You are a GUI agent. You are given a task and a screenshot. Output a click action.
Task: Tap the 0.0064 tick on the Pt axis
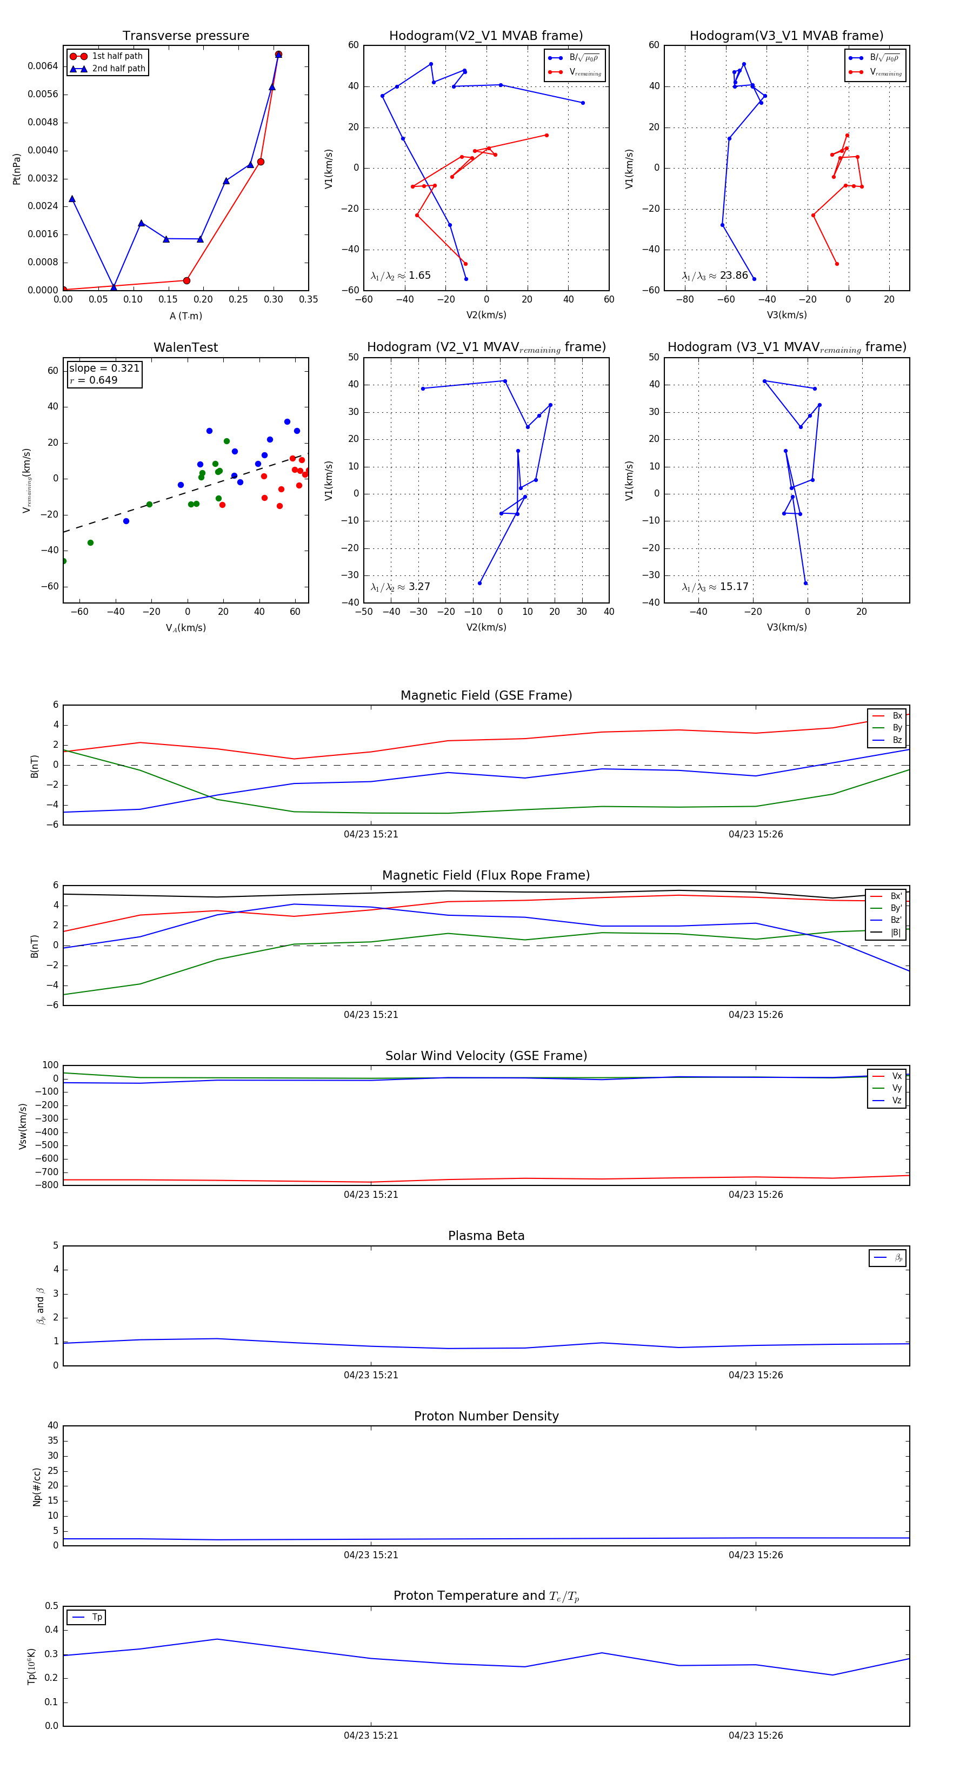tap(43, 66)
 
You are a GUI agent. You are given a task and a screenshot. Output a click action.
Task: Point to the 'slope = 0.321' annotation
tap(104, 368)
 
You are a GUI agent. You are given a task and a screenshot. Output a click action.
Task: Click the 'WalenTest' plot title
tap(185, 347)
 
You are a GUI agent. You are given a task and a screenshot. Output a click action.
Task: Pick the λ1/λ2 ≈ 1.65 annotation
tap(400, 276)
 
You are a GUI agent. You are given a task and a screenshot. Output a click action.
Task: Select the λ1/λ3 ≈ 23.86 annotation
tap(715, 276)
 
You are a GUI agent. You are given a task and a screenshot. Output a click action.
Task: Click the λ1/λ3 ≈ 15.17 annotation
tap(715, 587)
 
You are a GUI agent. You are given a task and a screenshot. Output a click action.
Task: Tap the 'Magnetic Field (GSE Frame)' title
tap(486, 695)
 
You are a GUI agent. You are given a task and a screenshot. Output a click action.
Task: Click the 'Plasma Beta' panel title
tap(486, 1236)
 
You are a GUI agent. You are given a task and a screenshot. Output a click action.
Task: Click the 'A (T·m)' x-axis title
tap(185, 316)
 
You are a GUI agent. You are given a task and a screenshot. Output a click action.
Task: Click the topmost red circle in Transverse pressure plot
tap(278, 54)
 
